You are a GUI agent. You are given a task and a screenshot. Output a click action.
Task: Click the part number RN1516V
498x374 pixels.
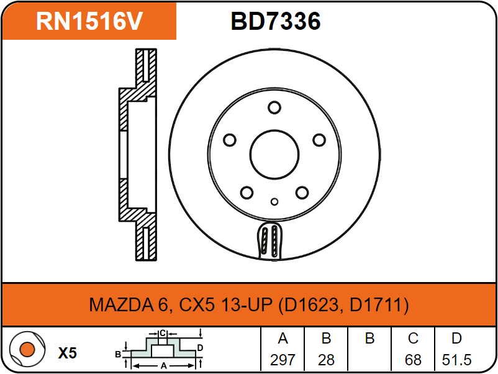point(89,21)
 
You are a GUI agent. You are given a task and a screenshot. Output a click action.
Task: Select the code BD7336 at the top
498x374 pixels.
point(276,21)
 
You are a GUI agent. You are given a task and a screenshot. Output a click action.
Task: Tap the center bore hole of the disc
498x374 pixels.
point(274,155)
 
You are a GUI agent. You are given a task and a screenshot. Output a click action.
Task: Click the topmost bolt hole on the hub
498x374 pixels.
point(274,107)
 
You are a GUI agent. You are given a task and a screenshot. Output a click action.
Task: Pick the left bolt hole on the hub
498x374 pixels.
point(230,140)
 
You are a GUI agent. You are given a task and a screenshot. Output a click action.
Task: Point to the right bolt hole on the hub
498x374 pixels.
point(319,140)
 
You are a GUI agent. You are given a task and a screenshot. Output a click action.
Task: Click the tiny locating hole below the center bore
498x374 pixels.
point(274,201)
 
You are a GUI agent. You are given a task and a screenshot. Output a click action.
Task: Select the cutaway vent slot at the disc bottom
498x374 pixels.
point(269,241)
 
